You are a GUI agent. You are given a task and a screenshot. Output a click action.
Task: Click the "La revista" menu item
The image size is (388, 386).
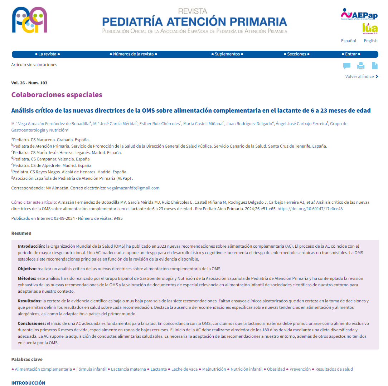pyautogui.click(x=48, y=54)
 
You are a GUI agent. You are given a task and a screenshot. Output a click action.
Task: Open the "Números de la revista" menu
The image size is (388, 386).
pyautogui.click(x=133, y=54)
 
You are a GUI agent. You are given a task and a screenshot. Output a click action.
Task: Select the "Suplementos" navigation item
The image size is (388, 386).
pyautogui.click(x=227, y=54)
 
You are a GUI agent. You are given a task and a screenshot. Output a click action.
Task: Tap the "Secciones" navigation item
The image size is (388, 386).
pyautogui.click(x=297, y=54)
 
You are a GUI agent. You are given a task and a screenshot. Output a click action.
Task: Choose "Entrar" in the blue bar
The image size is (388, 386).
pyautogui.click(x=351, y=54)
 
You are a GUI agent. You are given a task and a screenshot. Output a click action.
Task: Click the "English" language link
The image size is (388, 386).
pyautogui.click(x=370, y=41)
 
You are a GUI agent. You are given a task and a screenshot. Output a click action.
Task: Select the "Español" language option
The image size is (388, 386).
pyautogui.click(x=348, y=41)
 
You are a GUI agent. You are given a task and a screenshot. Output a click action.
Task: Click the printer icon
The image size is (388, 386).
pyautogui.click(x=361, y=66)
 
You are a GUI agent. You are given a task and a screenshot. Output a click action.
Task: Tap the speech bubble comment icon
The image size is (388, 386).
pyautogui.click(x=346, y=66)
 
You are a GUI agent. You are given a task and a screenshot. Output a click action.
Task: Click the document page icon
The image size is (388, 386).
pyautogui.click(x=374, y=66)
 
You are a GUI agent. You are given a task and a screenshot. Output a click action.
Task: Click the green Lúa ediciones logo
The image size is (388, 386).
pyautogui.click(x=370, y=28)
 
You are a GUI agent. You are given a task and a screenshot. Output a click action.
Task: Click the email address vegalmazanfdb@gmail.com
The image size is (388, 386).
pyautogui.click(x=133, y=188)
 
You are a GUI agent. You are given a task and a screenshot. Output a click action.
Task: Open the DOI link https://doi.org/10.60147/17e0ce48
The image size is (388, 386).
pyautogui.click(x=310, y=209)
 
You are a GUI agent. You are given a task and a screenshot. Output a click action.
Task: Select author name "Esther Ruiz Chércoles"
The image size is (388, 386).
pyautogui.click(x=159, y=124)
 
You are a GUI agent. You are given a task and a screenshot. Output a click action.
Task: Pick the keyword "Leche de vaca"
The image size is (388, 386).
pyautogui.click(x=184, y=369)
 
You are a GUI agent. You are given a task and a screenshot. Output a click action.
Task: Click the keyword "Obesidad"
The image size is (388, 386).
pyautogui.click(x=276, y=369)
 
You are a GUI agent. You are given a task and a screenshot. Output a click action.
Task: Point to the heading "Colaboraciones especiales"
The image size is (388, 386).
pyautogui.click(x=57, y=95)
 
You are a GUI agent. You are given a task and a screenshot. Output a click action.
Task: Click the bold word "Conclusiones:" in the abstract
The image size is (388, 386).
pyautogui.click(x=31, y=323)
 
